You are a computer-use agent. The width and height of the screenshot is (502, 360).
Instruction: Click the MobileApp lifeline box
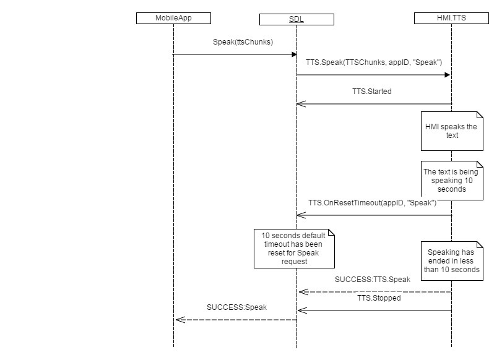click(173, 18)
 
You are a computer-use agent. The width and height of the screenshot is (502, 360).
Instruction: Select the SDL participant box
click(296, 19)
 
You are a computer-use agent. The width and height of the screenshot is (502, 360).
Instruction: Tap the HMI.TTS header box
click(451, 18)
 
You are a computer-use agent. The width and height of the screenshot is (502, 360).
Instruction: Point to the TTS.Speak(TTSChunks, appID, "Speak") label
click(374, 62)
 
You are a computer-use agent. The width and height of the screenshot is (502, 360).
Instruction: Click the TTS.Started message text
click(371, 92)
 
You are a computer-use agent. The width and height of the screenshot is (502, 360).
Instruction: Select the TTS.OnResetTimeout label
click(373, 203)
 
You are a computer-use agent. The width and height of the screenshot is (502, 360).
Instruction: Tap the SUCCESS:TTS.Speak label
click(372, 280)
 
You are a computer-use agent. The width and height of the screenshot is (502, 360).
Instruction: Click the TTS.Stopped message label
click(379, 298)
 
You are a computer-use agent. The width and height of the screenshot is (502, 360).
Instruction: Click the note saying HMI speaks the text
click(451, 131)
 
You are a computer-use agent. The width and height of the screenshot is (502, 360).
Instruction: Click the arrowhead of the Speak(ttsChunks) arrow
click(294, 54)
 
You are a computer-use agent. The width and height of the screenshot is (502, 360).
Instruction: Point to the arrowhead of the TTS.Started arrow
click(300, 104)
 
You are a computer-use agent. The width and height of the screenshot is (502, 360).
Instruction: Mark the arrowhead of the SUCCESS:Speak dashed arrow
click(178, 319)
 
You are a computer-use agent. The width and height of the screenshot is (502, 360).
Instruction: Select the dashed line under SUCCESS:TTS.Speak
click(374, 291)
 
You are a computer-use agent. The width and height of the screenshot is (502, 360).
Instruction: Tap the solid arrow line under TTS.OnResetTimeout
click(374, 215)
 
